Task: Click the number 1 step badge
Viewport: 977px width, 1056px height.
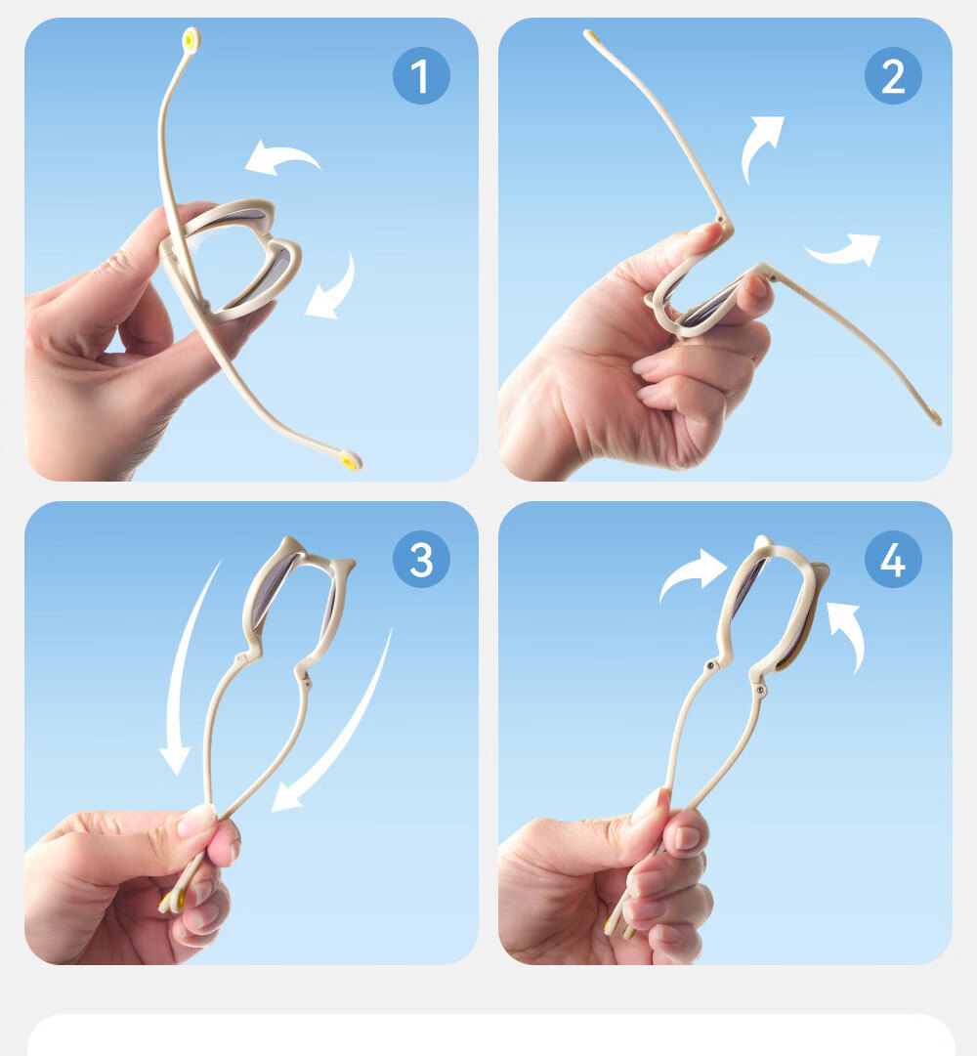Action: tap(421, 75)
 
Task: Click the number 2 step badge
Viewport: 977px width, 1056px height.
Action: tap(893, 75)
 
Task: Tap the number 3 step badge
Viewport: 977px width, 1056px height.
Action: tap(421, 559)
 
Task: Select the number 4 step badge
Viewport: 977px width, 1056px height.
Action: tap(893, 559)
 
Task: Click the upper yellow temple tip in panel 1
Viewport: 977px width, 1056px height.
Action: tap(191, 40)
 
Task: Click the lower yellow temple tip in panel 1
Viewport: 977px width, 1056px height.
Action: tap(349, 461)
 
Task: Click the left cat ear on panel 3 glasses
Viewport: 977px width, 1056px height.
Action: tap(289, 544)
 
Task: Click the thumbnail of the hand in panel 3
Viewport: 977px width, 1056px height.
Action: tap(195, 821)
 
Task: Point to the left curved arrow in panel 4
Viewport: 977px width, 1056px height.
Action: tap(690, 572)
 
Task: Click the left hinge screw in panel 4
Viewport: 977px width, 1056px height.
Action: tap(710, 666)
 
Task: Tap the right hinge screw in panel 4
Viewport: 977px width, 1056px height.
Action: tap(760, 691)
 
